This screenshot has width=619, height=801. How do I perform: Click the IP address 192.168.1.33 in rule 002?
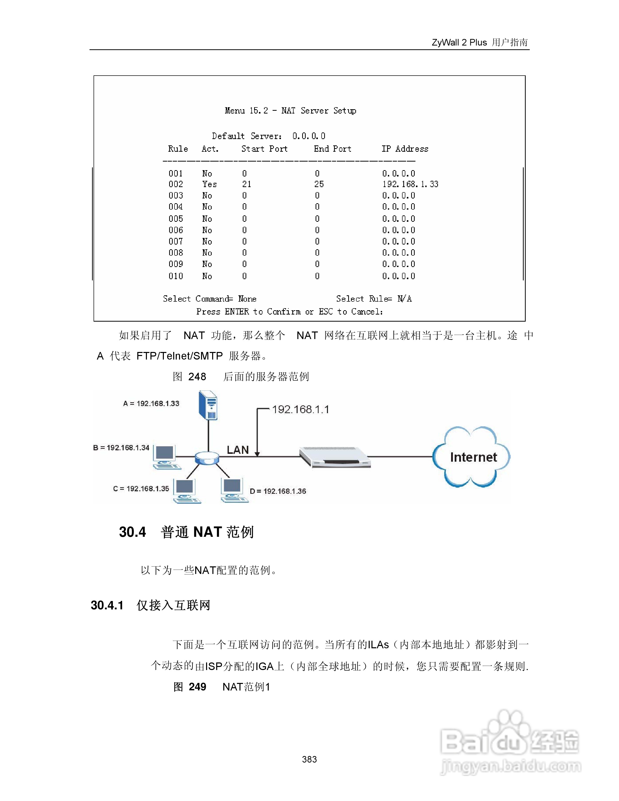tap(410, 184)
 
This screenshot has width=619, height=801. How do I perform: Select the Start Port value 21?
tap(247, 184)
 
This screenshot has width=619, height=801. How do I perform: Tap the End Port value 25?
tap(319, 184)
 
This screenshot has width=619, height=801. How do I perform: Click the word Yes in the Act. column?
tap(209, 184)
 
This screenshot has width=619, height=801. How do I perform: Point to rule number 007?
tap(176, 241)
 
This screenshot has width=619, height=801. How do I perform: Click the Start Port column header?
tap(264, 149)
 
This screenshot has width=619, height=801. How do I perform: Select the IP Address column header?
tap(405, 149)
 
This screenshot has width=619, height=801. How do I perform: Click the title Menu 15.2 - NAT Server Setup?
tap(290, 110)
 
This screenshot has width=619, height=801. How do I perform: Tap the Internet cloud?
tap(472, 457)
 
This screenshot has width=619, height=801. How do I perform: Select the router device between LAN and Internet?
tap(335, 457)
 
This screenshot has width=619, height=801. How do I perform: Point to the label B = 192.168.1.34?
tap(121, 448)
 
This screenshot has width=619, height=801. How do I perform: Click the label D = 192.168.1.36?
tap(278, 491)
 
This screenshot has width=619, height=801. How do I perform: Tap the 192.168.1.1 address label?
tap(300, 409)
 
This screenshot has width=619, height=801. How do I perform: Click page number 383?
tap(309, 759)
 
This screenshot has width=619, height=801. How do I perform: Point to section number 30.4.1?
tap(107, 605)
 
